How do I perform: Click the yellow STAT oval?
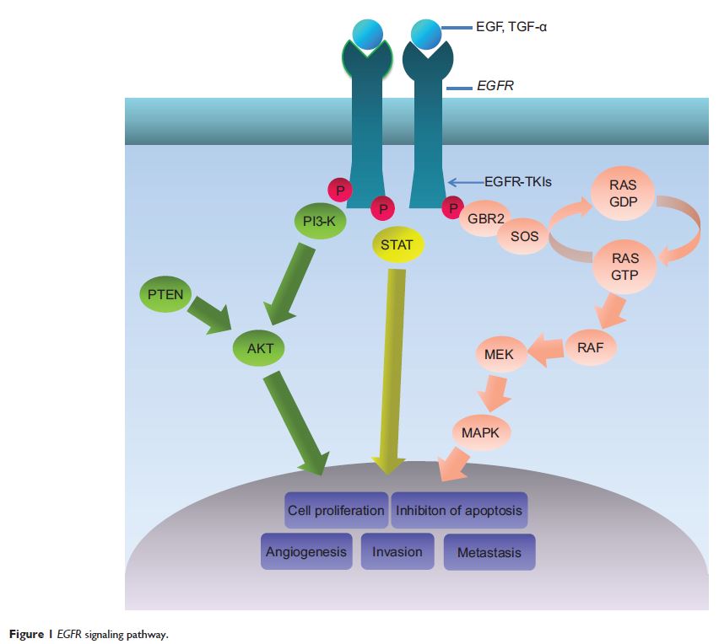[x=397, y=245]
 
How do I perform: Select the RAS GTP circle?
[x=624, y=266]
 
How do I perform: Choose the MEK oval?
[x=500, y=354]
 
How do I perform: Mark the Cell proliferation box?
[x=336, y=511]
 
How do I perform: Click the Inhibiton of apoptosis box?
[x=459, y=511]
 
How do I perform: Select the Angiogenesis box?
[x=306, y=552]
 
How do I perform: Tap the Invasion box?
[x=397, y=552]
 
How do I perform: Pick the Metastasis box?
[x=489, y=553]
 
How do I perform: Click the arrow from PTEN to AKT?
[x=210, y=314]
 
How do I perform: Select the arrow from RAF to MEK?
[x=545, y=351]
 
